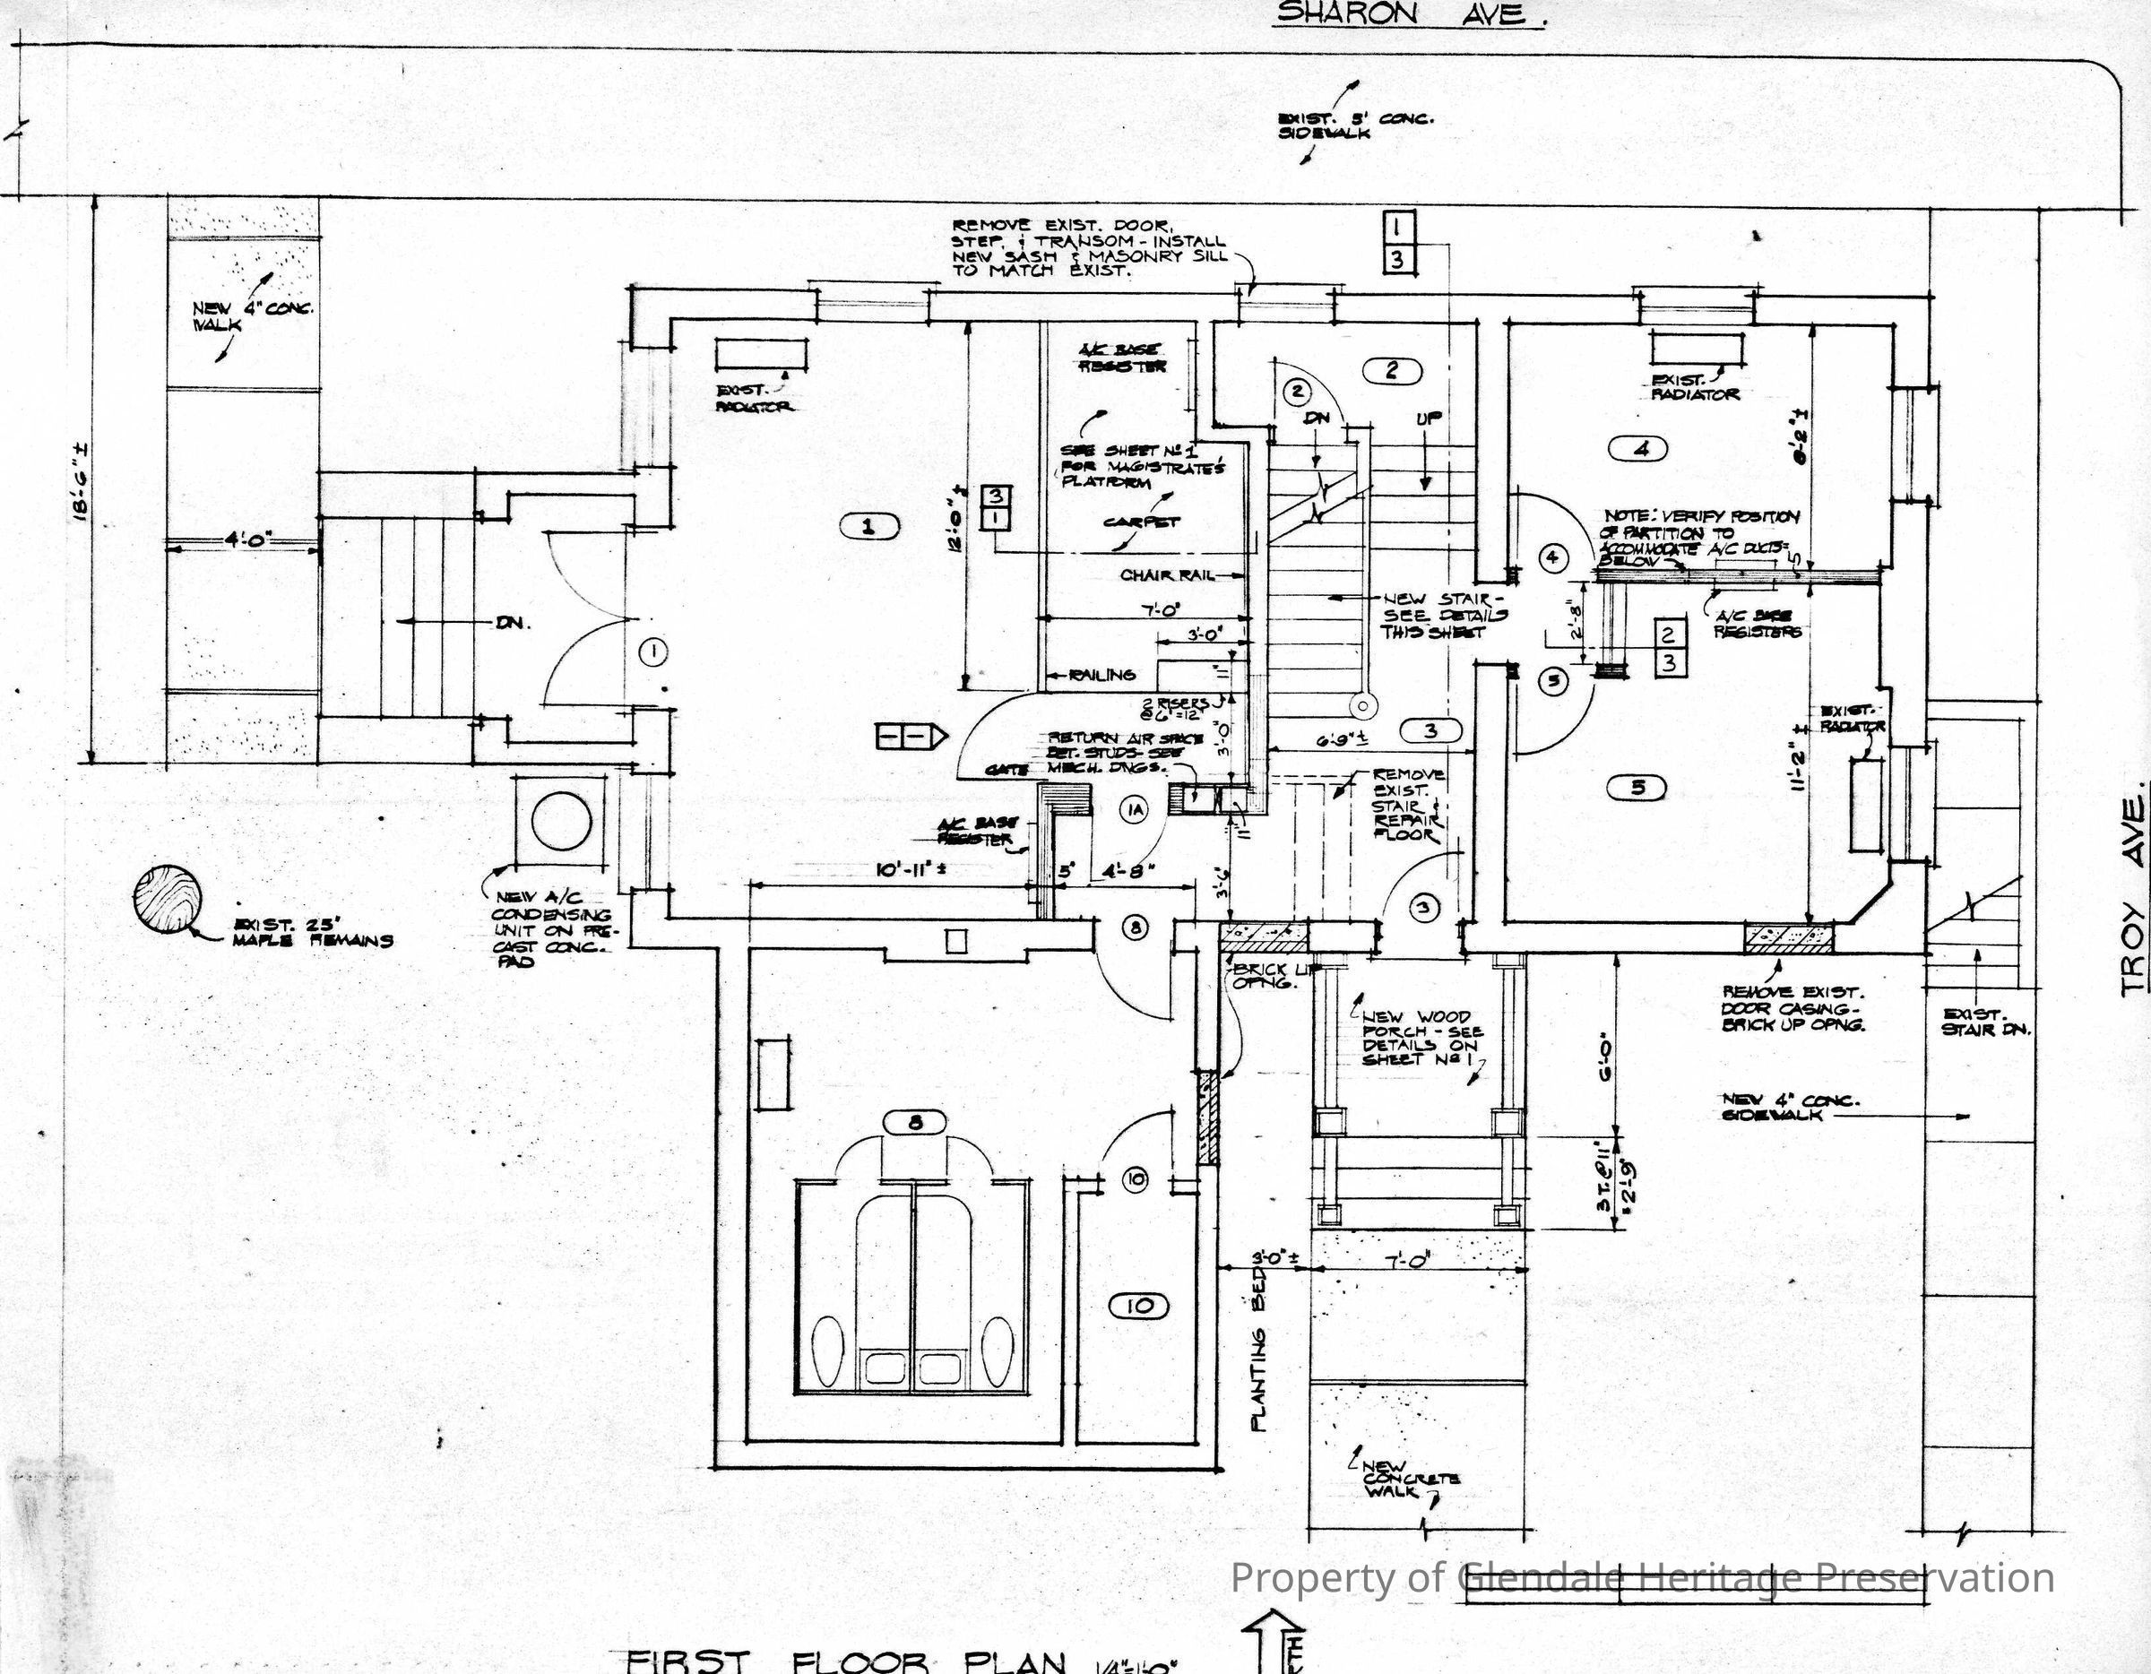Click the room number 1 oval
(x=868, y=528)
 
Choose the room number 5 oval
(x=1637, y=788)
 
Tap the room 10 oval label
(x=1138, y=1307)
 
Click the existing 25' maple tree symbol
(x=168, y=899)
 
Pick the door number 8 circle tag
(x=1136, y=928)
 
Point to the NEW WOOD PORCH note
(x=1418, y=1037)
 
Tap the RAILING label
(x=1102, y=675)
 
